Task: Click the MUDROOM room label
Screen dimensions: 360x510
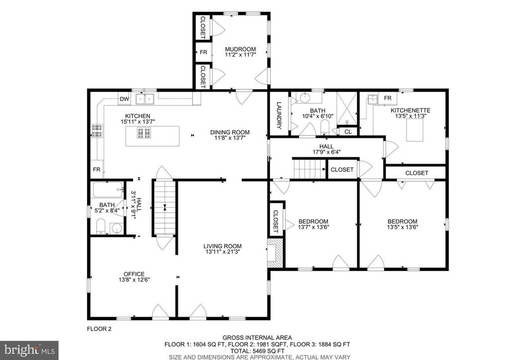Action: [240, 49]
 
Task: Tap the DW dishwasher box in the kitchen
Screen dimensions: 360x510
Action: [125, 100]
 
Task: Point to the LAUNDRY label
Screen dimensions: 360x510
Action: [279, 116]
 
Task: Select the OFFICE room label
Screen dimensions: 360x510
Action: [134, 274]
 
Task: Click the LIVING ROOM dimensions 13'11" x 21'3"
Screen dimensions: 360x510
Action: [222, 252]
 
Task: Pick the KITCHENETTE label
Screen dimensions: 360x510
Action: [410, 110]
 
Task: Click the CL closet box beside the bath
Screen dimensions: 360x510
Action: [347, 132]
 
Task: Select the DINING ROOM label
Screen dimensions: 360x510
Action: [230, 132]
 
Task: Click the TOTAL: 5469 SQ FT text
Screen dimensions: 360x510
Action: [258, 351]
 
